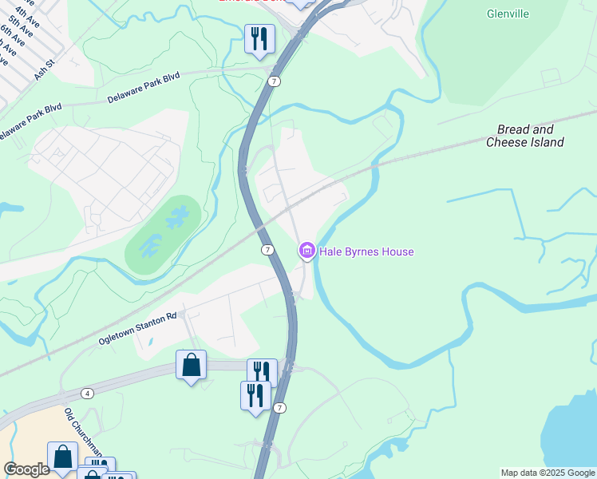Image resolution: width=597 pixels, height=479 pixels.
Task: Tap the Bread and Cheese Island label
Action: pos(525,136)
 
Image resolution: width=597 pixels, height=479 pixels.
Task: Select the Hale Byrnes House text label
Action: pos(366,251)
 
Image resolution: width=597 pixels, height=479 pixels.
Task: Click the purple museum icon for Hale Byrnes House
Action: pos(306,251)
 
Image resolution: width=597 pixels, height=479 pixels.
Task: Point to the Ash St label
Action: pos(43,69)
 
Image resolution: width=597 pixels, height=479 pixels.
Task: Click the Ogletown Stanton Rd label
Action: pos(136,329)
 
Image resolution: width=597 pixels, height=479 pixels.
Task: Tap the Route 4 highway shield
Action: pos(87,393)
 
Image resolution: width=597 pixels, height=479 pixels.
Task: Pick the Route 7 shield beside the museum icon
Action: pos(268,250)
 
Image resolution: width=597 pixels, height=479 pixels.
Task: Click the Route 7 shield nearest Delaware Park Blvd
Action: pos(274,81)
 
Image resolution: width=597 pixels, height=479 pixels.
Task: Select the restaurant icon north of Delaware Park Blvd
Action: pos(259,38)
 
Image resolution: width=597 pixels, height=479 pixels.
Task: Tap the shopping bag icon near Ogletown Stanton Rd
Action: pos(191,365)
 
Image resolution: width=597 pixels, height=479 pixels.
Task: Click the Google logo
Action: pos(26,469)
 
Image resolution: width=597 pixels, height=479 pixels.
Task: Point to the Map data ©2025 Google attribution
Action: pos(548,473)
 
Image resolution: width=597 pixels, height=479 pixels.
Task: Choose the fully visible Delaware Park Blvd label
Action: pos(144,88)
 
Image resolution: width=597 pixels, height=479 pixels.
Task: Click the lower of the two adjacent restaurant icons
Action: pos(255,395)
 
